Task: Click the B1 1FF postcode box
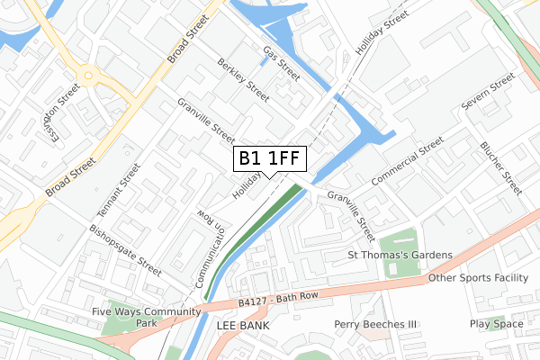click(x=270, y=158)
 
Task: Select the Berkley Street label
click(x=243, y=79)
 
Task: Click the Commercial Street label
click(x=407, y=162)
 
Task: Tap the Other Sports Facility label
click(x=478, y=278)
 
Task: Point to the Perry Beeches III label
click(x=376, y=324)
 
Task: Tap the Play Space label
click(x=496, y=324)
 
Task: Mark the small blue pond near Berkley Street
click(x=262, y=61)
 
